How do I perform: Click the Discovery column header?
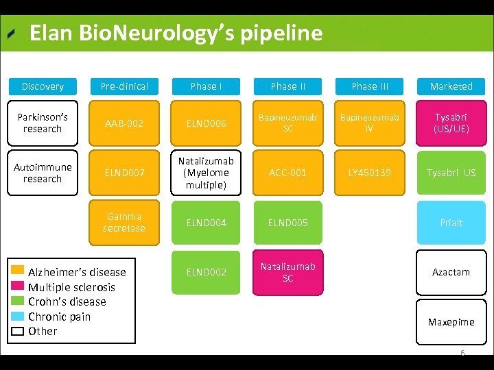click(43, 86)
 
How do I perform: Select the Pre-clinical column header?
click(124, 86)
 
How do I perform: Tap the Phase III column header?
click(370, 86)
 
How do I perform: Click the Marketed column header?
click(451, 86)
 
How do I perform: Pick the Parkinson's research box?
click(43, 123)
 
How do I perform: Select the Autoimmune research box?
click(43, 173)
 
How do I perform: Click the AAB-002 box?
click(124, 123)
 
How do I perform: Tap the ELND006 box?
click(207, 123)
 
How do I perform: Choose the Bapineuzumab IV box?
click(370, 123)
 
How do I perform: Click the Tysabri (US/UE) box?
click(451, 123)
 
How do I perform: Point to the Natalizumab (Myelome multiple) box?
click(207, 173)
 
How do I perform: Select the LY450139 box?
click(370, 173)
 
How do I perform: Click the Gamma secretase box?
click(124, 223)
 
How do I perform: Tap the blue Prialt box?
click(451, 223)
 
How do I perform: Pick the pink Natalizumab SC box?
click(288, 272)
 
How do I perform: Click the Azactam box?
click(451, 272)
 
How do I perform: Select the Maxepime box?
click(451, 322)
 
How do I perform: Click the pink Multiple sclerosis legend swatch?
click(18, 286)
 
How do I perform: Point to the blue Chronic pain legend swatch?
click(18, 316)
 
